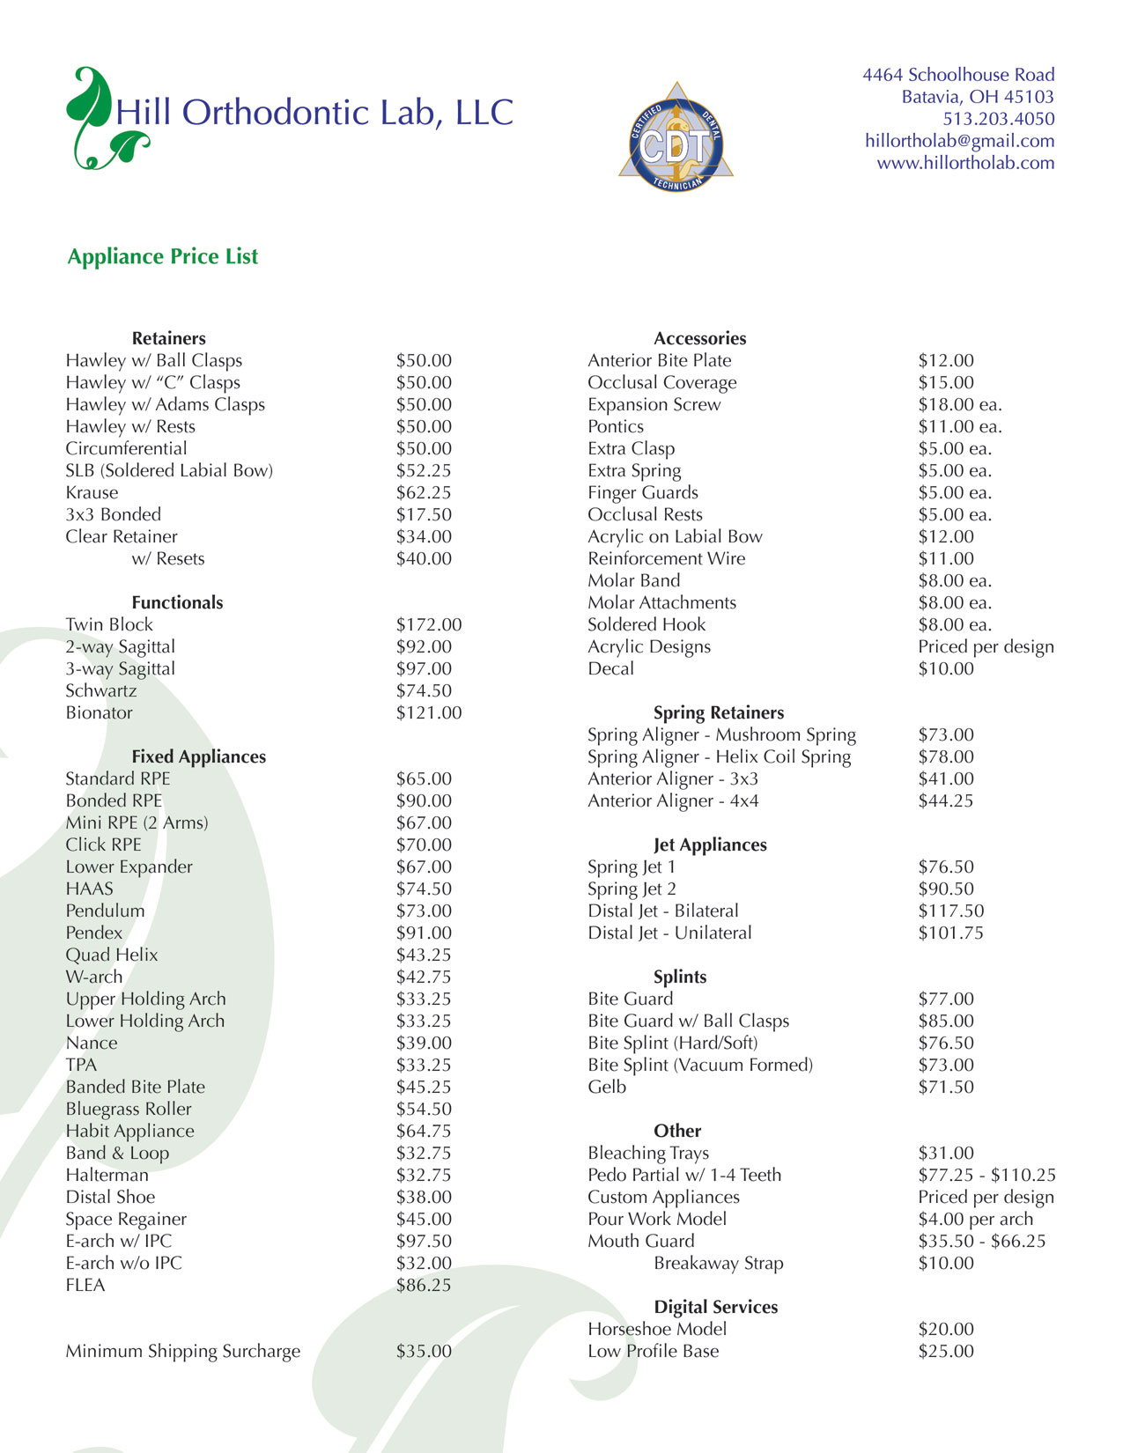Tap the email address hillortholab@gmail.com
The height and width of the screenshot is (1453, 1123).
(x=959, y=141)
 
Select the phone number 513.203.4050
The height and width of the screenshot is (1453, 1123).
(x=998, y=119)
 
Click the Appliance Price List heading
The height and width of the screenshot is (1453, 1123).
(x=163, y=256)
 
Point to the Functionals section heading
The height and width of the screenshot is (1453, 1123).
(x=177, y=602)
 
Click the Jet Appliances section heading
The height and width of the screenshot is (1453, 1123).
(x=710, y=845)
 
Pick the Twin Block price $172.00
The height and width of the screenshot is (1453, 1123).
(x=428, y=624)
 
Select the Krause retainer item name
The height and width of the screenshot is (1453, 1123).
(x=92, y=492)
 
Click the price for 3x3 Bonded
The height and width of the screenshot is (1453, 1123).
(x=424, y=514)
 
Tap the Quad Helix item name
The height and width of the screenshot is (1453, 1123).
(x=112, y=955)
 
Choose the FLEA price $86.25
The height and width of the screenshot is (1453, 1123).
(x=424, y=1285)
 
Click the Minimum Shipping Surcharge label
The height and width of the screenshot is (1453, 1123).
(x=183, y=1351)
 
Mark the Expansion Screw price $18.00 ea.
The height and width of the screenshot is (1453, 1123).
(x=959, y=404)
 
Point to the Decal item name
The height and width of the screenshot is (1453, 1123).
(x=610, y=668)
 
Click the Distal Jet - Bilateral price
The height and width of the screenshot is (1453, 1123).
(x=950, y=911)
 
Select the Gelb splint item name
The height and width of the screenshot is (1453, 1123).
(x=607, y=1087)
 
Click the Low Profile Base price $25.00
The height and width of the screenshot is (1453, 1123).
(x=946, y=1351)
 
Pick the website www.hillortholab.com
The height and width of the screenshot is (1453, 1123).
(x=965, y=163)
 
